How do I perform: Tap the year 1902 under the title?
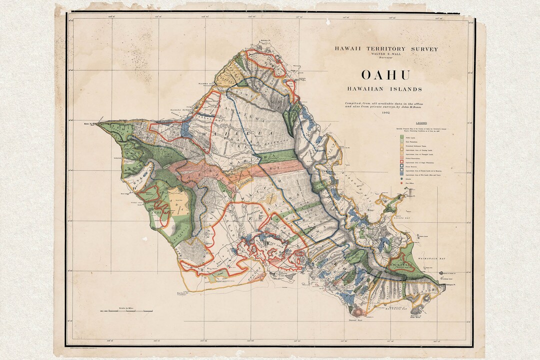pyautogui.click(x=385, y=113)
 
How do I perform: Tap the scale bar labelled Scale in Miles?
pyautogui.click(x=126, y=311)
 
